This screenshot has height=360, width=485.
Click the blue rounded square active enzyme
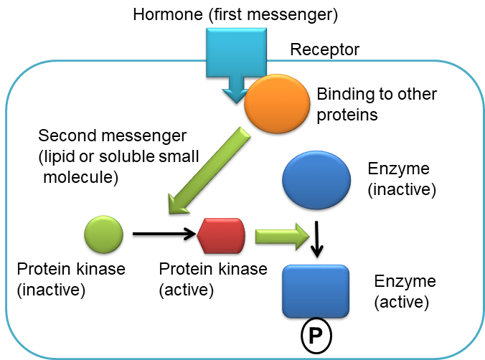click(316, 291)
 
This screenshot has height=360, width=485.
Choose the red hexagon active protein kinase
click(221, 235)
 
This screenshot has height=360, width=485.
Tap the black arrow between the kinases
click(162, 234)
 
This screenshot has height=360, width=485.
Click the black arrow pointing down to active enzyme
click(317, 240)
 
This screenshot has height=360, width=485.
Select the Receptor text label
click(324, 50)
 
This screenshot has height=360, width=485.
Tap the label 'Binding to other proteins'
click(377, 104)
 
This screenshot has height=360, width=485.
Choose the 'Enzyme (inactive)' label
click(399, 179)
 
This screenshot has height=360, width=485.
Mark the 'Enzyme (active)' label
click(405, 290)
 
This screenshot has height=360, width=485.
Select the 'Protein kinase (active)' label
click(212, 279)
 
